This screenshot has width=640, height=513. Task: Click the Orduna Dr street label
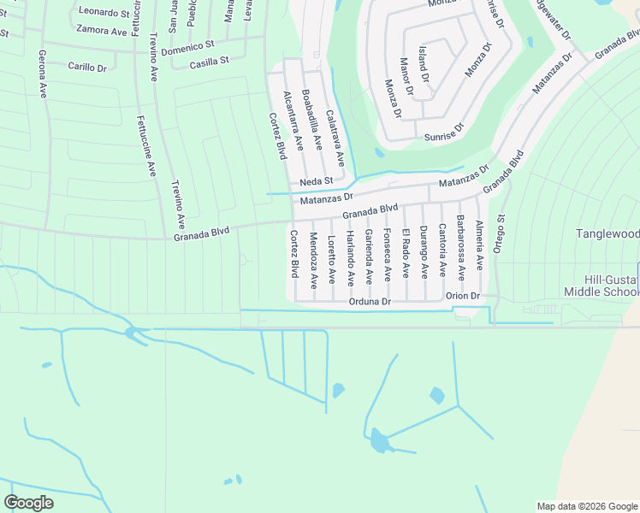pos(370,302)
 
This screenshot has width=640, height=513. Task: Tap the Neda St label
pos(316,181)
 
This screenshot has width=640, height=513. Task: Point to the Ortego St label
pos(501,233)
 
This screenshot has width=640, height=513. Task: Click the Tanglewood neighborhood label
pos(607,233)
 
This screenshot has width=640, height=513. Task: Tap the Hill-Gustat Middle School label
pos(601,286)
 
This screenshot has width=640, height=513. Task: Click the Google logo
pos(28,503)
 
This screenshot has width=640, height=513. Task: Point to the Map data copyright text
pos(587,506)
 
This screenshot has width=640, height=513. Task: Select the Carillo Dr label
pos(87,66)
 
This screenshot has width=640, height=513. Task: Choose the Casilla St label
pos(210,62)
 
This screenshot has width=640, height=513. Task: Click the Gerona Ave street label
pos(42,74)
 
